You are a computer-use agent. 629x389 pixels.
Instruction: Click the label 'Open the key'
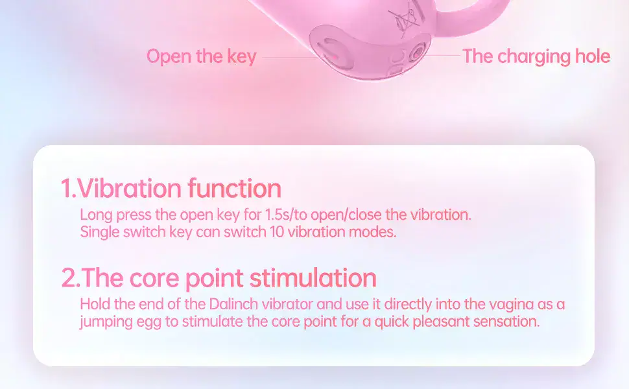[201, 56]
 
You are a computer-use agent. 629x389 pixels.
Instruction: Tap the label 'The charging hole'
[536, 56]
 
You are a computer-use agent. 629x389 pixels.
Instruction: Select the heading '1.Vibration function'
[171, 189]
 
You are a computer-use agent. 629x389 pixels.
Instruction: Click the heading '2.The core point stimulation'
[219, 277]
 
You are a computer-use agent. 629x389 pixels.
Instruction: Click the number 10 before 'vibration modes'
[277, 232]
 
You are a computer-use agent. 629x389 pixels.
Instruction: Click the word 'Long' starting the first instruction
[95, 215]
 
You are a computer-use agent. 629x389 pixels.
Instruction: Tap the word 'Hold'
[95, 304]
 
